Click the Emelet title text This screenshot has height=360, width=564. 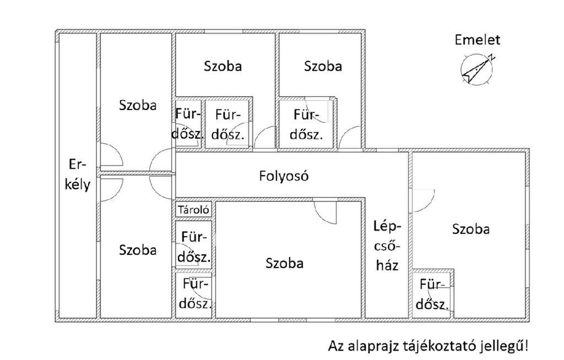point(477,40)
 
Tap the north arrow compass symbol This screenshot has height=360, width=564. point(476,69)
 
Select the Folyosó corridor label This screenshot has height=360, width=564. point(284,176)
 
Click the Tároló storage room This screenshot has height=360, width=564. point(193,210)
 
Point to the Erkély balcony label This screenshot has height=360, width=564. point(77,175)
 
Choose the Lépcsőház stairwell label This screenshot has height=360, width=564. point(387,246)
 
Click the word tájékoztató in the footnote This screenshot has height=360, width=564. point(433,346)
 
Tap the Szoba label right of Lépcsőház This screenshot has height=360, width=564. point(471,229)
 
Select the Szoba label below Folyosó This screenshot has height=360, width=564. point(285,263)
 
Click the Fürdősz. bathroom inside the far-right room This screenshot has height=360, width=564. point(432,294)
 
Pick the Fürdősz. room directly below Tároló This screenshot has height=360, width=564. point(194,247)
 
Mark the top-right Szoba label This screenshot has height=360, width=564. point(323,66)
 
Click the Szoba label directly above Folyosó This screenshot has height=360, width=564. point(223,66)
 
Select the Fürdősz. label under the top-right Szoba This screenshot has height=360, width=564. point(306,124)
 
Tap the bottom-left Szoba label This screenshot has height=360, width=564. point(138,250)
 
